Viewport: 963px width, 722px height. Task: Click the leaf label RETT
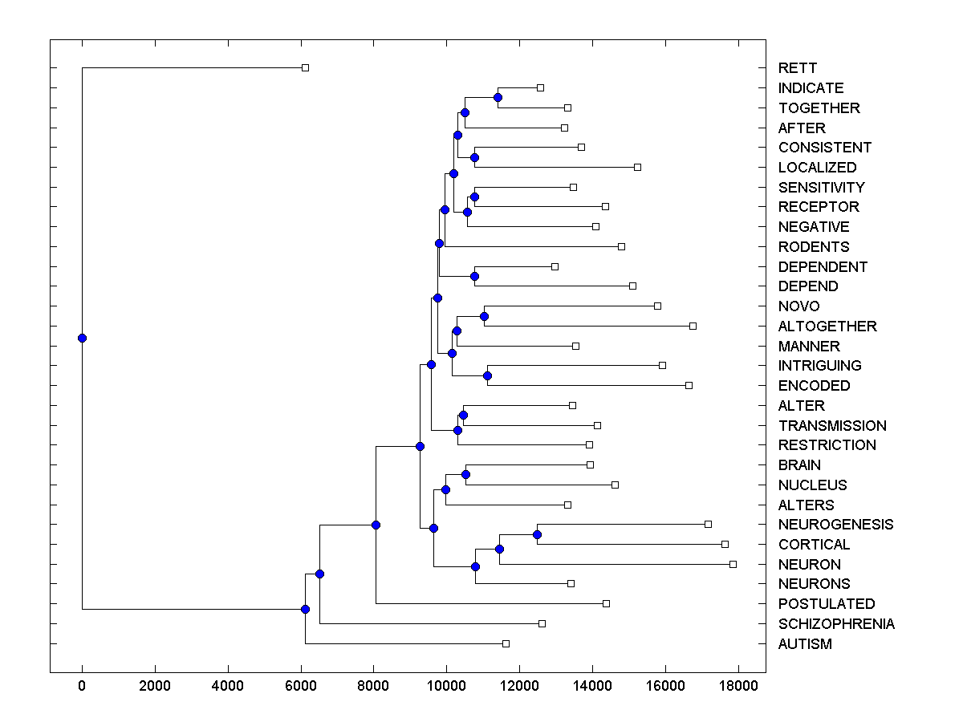pyautogui.click(x=797, y=68)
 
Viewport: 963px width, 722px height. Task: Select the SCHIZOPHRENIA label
pyautogui.click(x=836, y=624)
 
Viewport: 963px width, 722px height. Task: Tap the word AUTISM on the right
pyautogui.click(x=805, y=644)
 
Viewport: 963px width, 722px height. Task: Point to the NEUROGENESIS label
pyautogui.click(x=835, y=525)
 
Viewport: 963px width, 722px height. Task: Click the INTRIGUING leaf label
pyautogui.click(x=819, y=366)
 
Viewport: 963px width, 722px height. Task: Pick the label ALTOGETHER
pyautogui.click(x=827, y=327)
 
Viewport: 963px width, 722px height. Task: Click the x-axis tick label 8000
pyautogui.click(x=373, y=686)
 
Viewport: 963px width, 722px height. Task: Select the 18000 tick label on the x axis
pyautogui.click(x=737, y=686)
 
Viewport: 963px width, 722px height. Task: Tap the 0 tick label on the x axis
pyautogui.click(x=82, y=686)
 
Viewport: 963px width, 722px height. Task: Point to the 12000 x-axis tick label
pyautogui.click(x=519, y=686)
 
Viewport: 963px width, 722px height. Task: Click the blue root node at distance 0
pyautogui.click(x=82, y=338)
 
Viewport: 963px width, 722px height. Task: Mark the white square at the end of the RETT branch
pyautogui.click(x=305, y=67)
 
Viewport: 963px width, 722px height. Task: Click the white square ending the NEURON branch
pyautogui.click(x=733, y=564)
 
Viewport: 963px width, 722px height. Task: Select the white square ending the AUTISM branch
pyautogui.click(x=506, y=643)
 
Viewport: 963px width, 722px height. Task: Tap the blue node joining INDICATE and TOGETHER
pyautogui.click(x=498, y=97)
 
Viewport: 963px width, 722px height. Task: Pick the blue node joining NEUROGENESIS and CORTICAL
pyautogui.click(x=537, y=534)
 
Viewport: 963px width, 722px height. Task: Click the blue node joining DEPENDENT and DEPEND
pyautogui.click(x=474, y=276)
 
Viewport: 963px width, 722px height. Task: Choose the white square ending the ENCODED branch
pyautogui.click(x=689, y=385)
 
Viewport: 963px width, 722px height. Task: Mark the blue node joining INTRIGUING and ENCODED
pyautogui.click(x=487, y=375)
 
